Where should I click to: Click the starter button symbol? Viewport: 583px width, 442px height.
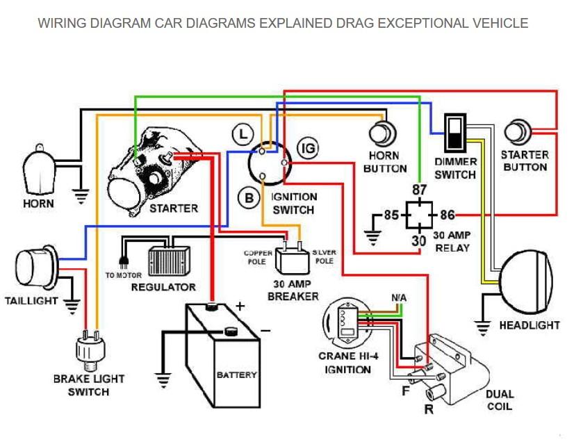pos(518,131)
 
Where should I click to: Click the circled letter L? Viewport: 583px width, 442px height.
pos(242,133)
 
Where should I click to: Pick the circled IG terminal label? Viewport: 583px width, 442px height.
pos(307,147)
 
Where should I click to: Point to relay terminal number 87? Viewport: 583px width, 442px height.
pos(419,190)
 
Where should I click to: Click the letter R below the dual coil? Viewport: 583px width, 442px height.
pos(429,409)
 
